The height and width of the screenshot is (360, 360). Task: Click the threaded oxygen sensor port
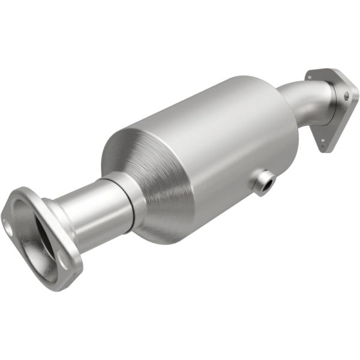(x=262, y=182)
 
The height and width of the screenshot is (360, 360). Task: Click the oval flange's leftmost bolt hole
(x=8, y=227)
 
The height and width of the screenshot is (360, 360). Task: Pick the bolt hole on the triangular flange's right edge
(x=347, y=95)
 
